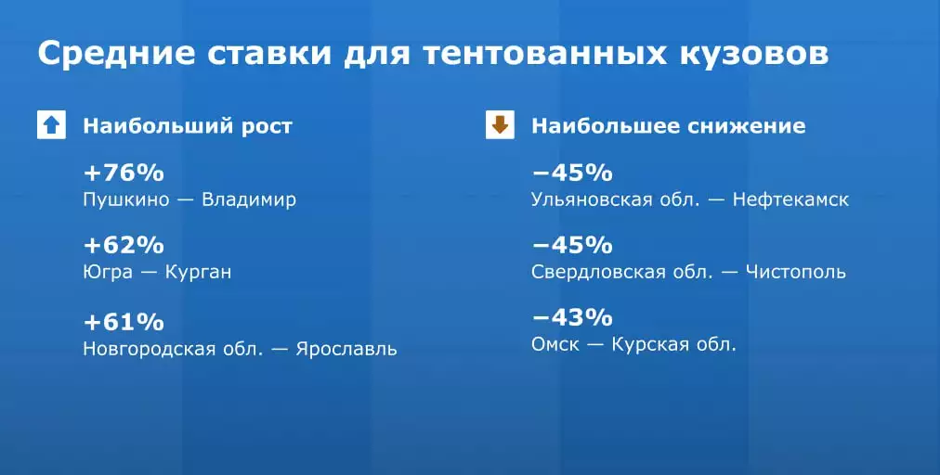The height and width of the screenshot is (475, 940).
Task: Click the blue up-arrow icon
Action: tap(52, 125)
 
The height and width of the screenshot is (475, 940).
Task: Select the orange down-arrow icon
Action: tap(500, 125)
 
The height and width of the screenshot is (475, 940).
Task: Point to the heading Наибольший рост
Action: tap(188, 126)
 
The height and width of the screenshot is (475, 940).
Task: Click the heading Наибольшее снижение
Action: tap(669, 126)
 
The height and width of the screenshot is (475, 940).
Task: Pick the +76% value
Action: tap(124, 173)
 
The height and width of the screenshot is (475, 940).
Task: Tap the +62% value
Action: tap(124, 246)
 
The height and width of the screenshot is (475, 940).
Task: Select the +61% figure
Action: tap(124, 322)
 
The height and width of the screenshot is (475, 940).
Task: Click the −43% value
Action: tap(572, 317)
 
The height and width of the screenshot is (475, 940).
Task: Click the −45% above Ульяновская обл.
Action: tap(572, 173)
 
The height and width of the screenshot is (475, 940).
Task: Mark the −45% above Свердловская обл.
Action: tap(572, 246)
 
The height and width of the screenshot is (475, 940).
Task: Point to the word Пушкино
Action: tap(126, 199)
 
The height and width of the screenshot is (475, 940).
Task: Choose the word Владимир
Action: tap(249, 199)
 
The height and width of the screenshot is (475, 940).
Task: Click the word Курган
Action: tap(198, 273)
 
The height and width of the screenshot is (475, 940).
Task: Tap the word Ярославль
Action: tap(346, 349)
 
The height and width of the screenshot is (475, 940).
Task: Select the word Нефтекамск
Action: tap(790, 199)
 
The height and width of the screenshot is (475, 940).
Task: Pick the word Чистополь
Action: tap(795, 272)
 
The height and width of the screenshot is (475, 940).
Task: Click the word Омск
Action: tap(555, 345)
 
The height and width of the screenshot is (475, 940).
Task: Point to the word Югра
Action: tap(108, 273)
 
